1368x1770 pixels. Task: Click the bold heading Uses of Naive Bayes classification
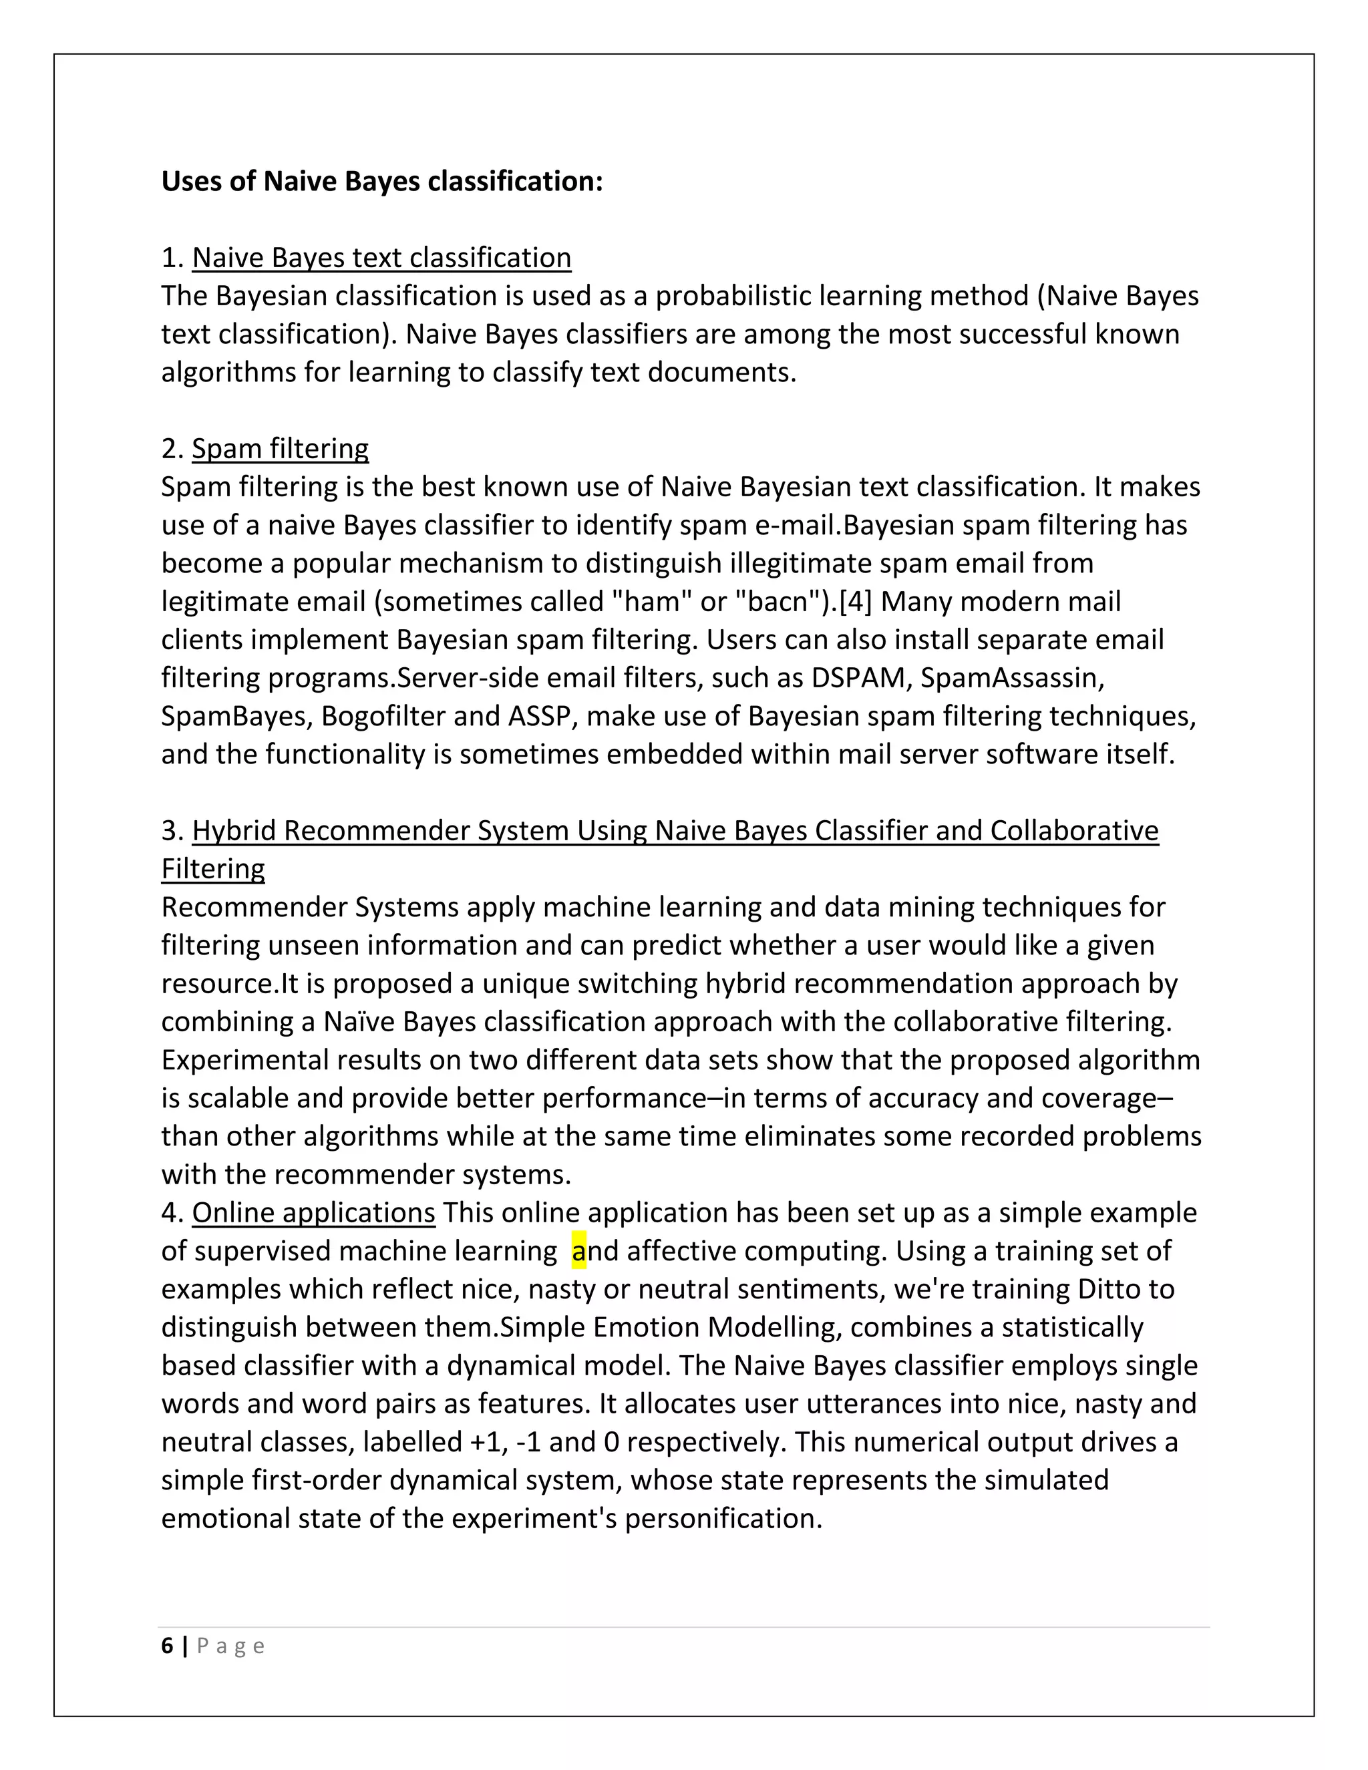[x=381, y=181]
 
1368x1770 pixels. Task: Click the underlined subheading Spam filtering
[x=280, y=448]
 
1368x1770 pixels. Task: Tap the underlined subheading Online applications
[x=314, y=1212]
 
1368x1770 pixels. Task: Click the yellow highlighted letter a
[x=578, y=1250]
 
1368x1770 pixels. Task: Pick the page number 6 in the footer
[x=167, y=1645]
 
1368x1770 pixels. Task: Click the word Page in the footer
[x=231, y=1646]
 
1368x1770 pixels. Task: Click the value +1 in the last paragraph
[x=486, y=1442]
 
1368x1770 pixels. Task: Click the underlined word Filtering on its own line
[x=212, y=868]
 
